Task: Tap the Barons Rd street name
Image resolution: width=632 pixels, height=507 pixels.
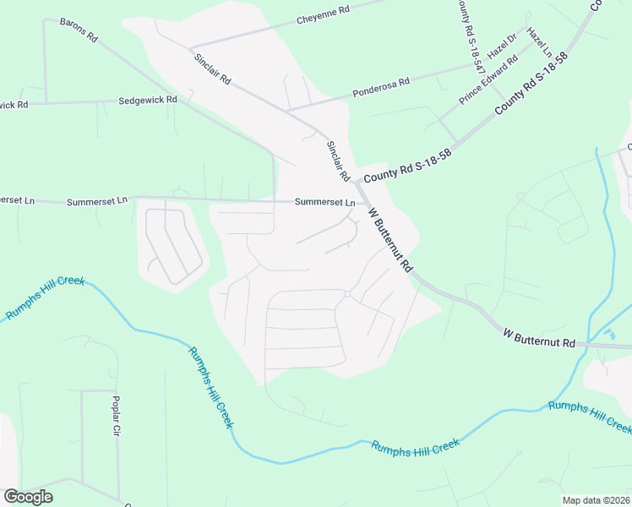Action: tap(79, 30)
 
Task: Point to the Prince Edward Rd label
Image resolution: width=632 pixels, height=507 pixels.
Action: tap(488, 81)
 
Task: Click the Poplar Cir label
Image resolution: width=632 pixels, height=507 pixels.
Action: tap(117, 417)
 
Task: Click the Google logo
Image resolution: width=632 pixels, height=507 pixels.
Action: tap(28, 497)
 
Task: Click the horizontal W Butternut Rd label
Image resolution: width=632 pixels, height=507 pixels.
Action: tap(538, 342)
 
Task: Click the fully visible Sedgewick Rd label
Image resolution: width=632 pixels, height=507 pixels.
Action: tap(148, 100)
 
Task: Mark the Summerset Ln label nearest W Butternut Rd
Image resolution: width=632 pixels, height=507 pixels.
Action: tap(324, 203)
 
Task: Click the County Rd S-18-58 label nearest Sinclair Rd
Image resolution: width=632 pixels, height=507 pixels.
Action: tap(408, 165)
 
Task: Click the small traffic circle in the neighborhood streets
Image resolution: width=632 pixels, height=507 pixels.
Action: tap(347, 293)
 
